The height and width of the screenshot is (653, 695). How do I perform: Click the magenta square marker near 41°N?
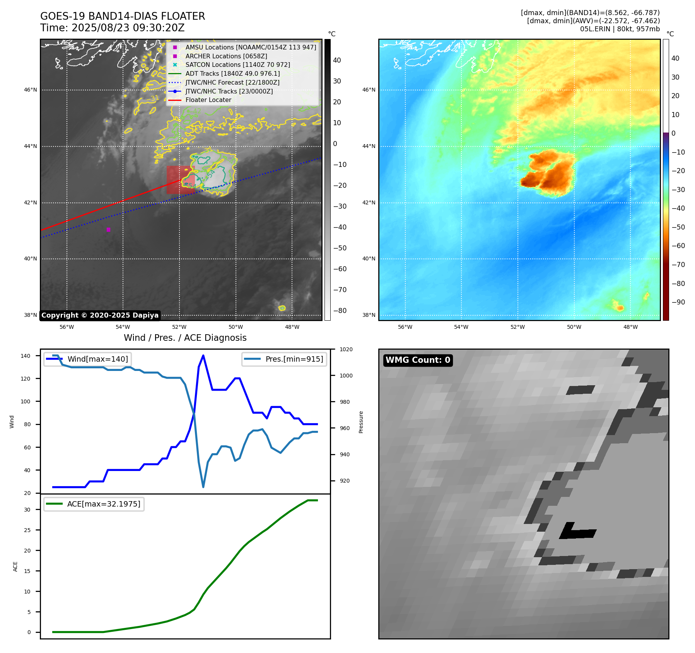pos(108,230)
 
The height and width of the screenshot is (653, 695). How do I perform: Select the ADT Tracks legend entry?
pos(232,73)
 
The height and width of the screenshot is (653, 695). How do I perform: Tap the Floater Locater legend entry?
pos(208,100)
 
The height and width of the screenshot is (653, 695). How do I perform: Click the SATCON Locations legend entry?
pos(237,65)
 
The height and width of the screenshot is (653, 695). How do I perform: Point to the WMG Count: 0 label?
pos(418,360)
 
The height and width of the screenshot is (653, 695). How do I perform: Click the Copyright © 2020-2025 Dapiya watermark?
pos(100,315)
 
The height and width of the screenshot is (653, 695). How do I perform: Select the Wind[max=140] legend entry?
pos(97,359)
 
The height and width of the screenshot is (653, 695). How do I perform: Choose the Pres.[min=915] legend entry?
pos(294,359)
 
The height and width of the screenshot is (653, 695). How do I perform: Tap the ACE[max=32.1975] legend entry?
pos(104,504)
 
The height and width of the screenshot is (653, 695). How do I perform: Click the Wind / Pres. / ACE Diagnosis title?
pos(185,338)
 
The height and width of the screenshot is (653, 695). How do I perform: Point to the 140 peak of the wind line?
pos(203,356)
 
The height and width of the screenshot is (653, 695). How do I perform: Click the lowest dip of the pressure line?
pos(203,486)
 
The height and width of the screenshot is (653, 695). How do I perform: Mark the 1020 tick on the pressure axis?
pos(346,349)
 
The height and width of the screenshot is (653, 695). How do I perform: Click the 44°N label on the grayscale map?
pos(31,146)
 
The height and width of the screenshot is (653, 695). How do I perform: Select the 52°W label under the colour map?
pos(517,327)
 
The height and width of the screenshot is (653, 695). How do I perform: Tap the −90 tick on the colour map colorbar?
pos(678,302)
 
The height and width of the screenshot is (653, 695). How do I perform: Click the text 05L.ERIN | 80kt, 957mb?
pos(620,29)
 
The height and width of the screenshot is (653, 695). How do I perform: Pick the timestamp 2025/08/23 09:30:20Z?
pos(128,28)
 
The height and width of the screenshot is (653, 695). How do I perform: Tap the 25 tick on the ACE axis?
pos(27,530)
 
